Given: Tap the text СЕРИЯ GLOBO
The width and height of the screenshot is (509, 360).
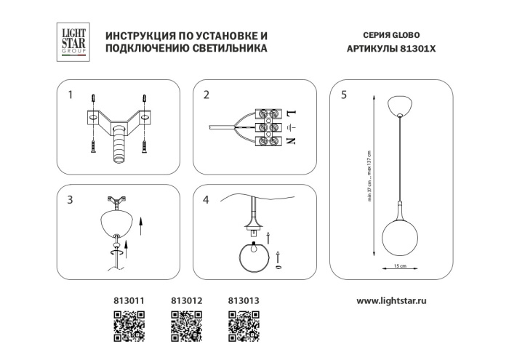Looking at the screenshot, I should click(x=390, y=35).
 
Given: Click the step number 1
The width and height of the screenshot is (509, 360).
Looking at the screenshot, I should click(x=70, y=95).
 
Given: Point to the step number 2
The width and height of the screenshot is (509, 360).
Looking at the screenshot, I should click(x=206, y=95).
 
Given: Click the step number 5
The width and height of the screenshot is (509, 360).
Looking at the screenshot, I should click(x=343, y=95).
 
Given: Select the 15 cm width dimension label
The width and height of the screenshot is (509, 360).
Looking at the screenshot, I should click(x=399, y=266).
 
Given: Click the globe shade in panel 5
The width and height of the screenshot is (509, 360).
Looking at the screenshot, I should click(x=399, y=236).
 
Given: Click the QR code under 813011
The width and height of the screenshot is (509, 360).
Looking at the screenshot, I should click(x=128, y=323).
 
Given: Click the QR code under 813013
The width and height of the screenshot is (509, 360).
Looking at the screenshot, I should click(x=244, y=323).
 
